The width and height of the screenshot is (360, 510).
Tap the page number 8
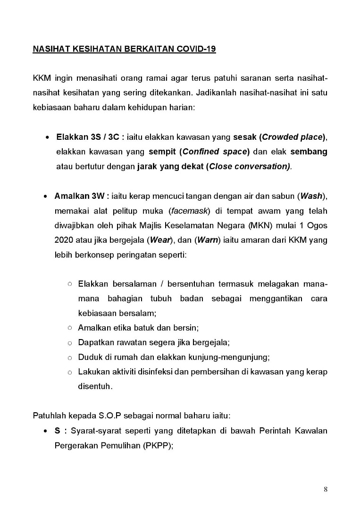(x=326, y=489)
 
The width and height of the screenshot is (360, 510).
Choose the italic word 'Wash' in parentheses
(x=311, y=195)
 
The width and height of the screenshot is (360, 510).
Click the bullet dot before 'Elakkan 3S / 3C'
(x=48, y=138)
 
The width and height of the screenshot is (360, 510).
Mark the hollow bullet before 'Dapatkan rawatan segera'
(x=69, y=342)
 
